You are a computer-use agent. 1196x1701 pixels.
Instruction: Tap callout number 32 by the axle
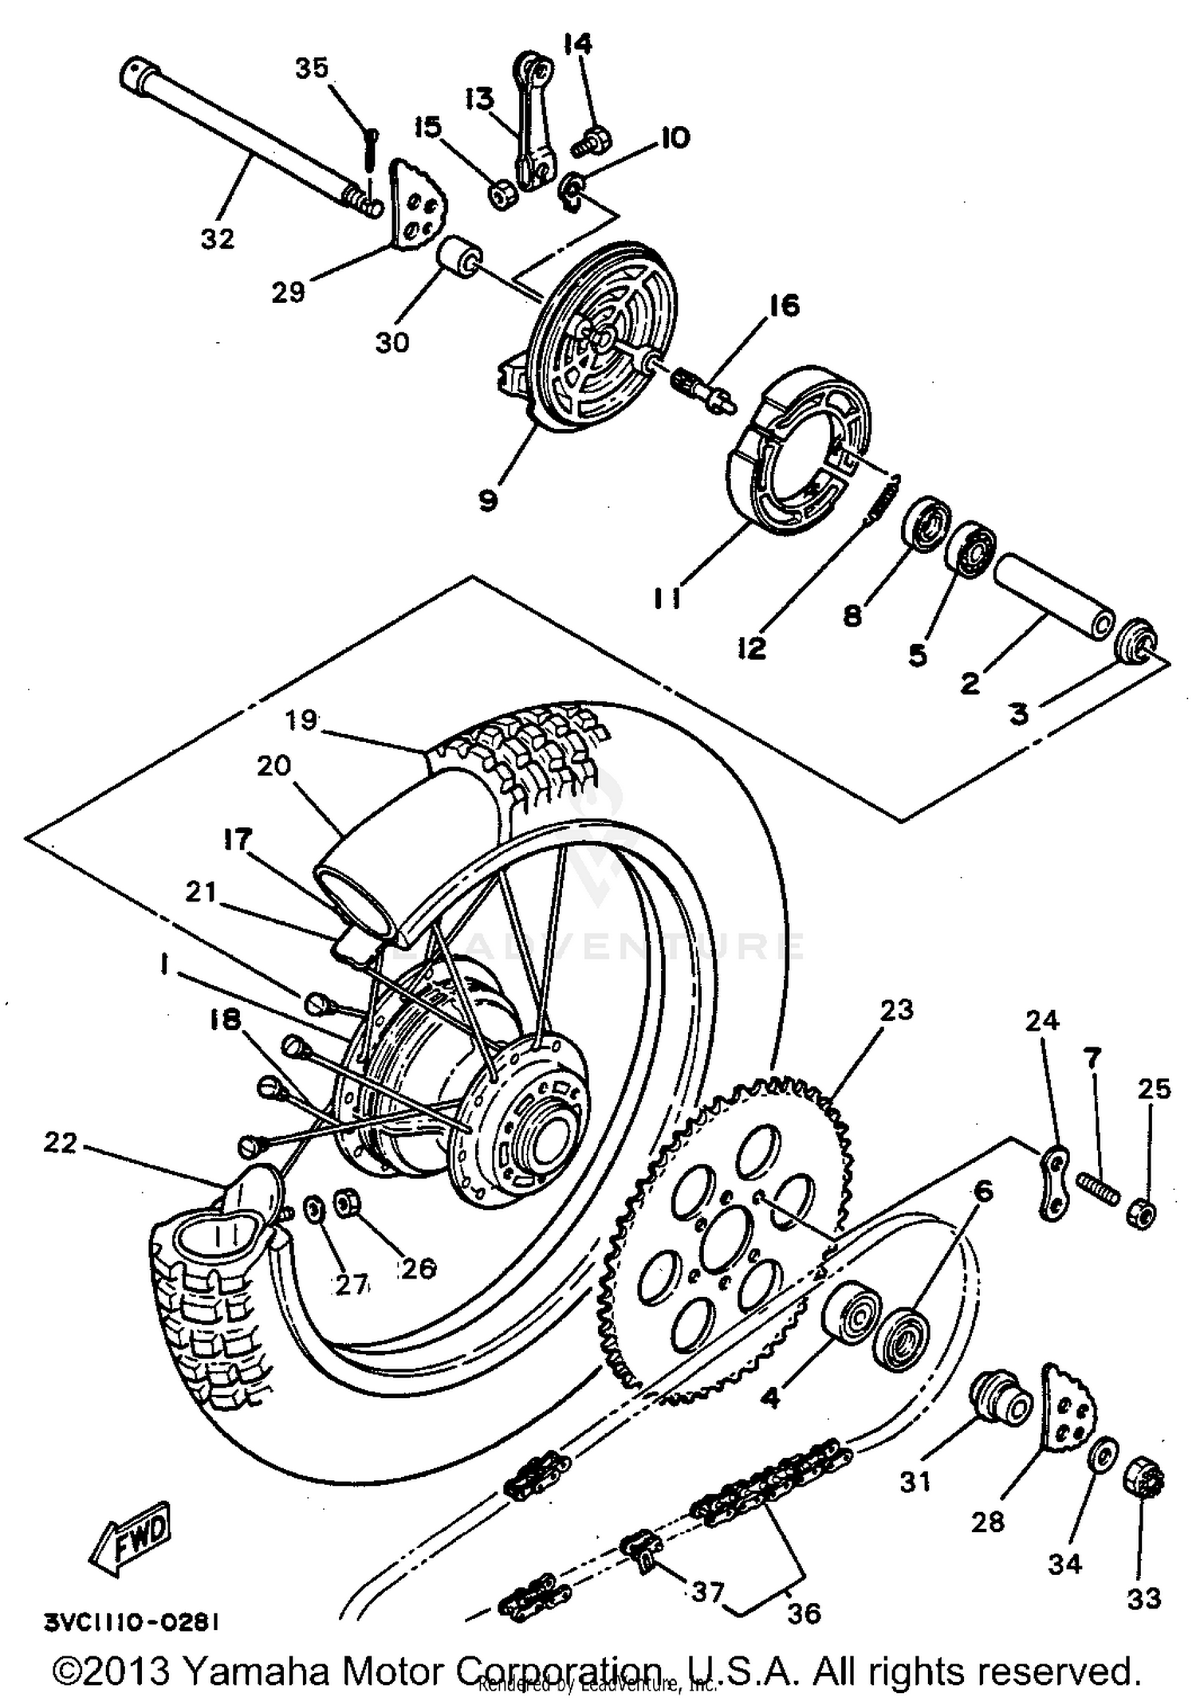(x=217, y=238)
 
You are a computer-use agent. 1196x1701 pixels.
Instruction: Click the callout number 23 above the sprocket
(x=896, y=1010)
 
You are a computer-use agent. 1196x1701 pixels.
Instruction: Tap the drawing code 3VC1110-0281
(x=132, y=1622)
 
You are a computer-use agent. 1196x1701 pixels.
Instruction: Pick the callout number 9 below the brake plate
(x=488, y=501)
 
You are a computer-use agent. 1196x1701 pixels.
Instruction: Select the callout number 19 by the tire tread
(x=302, y=721)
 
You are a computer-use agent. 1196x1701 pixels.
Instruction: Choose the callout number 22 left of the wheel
(x=61, y=1143)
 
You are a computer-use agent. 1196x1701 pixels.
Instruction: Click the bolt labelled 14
(x=592, y=143)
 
